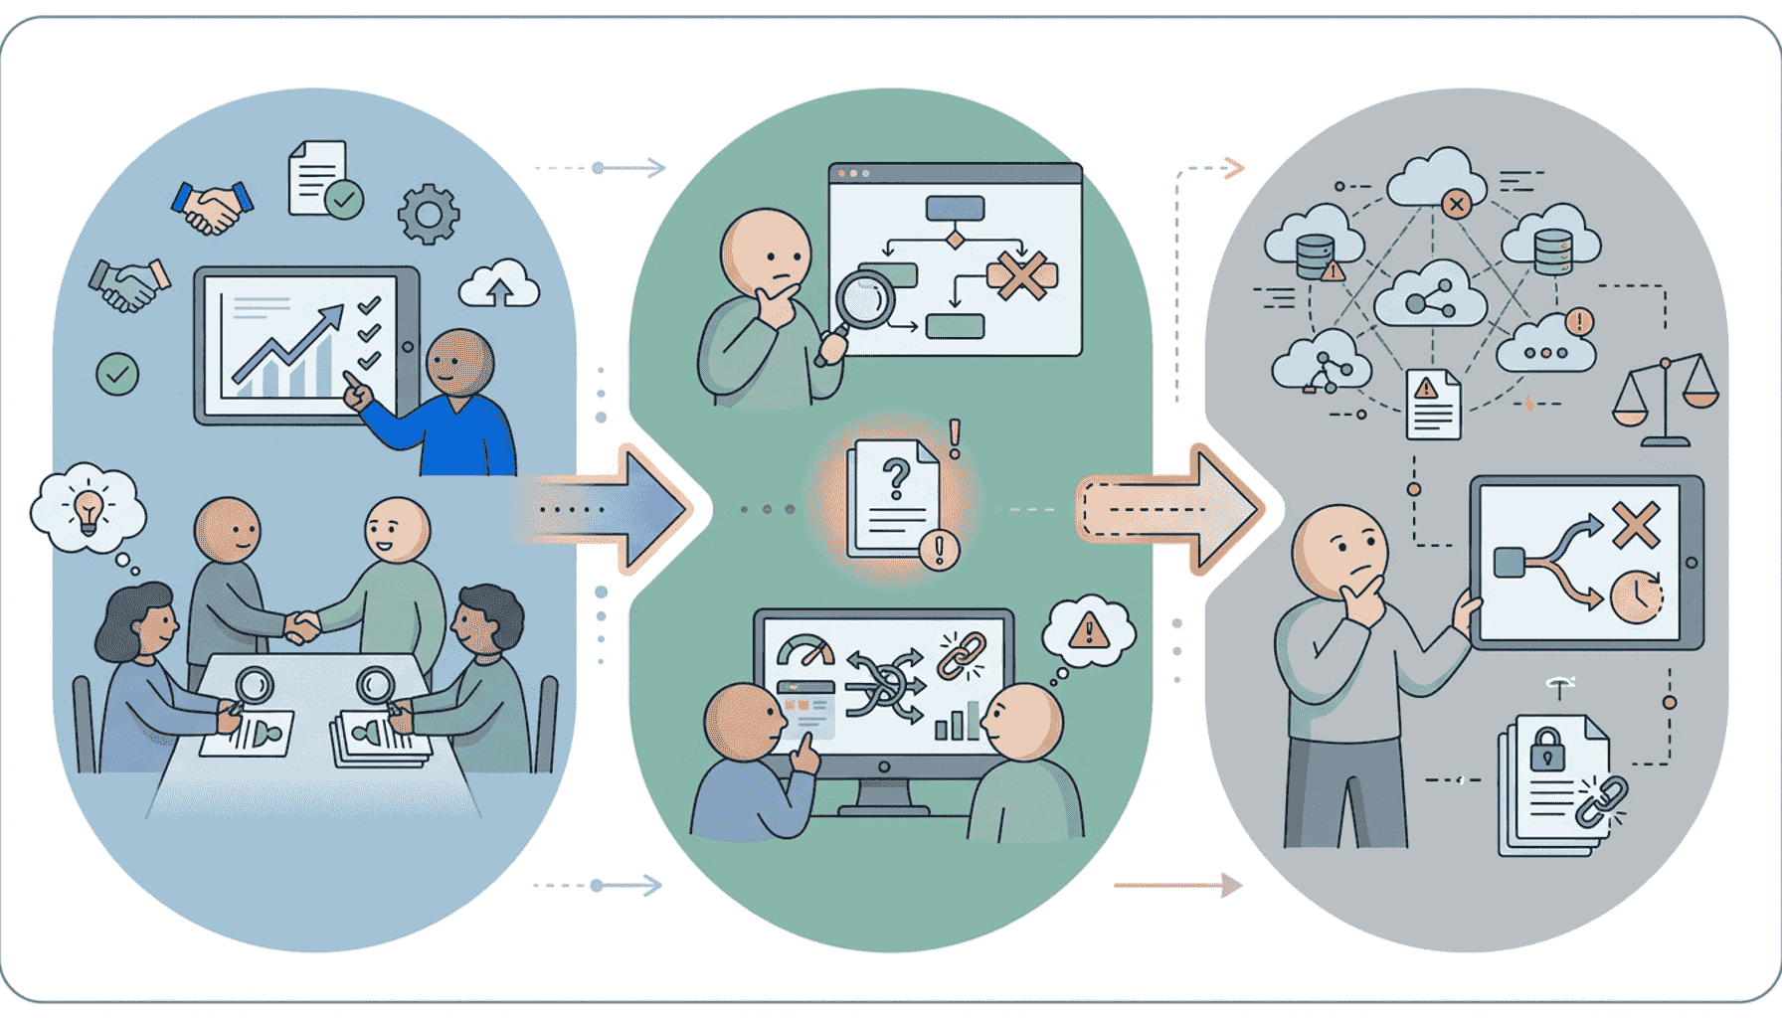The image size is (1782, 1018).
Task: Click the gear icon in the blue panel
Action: click(x=429, y=214)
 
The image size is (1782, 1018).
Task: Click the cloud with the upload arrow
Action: click(x=499, y=285)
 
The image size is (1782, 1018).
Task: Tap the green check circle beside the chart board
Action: click(x=117, y=375)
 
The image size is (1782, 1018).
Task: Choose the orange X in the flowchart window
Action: click(x=1021, y=275)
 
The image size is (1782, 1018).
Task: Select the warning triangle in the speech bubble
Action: click(x=1089, y=630)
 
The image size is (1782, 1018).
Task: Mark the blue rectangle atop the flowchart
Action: click(x=955, y=208)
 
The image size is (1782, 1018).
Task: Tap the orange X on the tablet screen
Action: click(x=1636, y=525)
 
